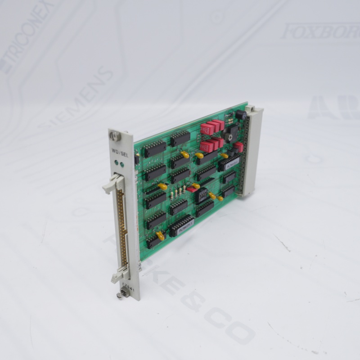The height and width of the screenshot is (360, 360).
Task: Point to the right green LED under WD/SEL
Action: tap(121, 164)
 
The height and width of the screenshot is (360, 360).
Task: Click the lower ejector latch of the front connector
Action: tap(119, 274)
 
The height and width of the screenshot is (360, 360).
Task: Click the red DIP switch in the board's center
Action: tap(192, 189)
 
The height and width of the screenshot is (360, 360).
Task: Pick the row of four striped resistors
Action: tap(177, 193)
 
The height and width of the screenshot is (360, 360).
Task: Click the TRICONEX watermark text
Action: tap(27, 36)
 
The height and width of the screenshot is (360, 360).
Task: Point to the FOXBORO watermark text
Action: tap(319, 31)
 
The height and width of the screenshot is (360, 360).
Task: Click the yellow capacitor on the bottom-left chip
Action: tap(160, 235)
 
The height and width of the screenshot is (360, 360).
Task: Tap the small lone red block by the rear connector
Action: tap(238, 147)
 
